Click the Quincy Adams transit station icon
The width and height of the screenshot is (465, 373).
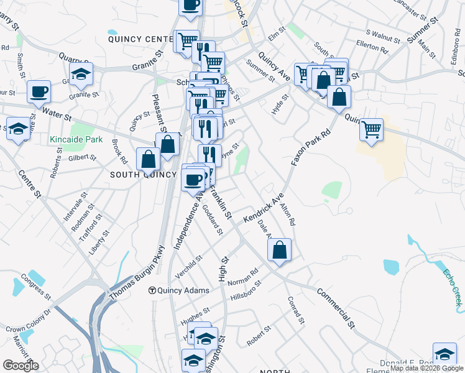point(152,290)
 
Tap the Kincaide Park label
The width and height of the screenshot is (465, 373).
point(76,139)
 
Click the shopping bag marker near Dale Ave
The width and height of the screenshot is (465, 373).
point(279,250)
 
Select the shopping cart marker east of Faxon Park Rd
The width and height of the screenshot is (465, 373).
point(371,130)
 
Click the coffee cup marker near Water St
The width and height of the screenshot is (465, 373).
point(39,92)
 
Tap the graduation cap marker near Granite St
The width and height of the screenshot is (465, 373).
point(80,74)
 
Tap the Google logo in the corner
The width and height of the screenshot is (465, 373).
point(21,366)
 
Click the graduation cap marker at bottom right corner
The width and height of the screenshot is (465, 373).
point(444,354)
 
